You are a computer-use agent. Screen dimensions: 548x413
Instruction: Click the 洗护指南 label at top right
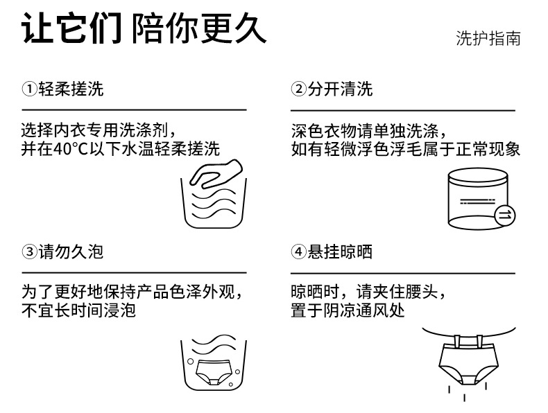488,38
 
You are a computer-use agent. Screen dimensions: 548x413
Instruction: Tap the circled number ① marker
28,89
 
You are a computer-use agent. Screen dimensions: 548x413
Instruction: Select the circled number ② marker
298,89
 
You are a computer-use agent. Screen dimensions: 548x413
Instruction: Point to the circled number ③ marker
28,252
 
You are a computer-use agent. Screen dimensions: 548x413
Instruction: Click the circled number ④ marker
298,252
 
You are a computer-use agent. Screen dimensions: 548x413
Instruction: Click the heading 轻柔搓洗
69,89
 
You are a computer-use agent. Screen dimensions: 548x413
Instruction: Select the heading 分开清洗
339,89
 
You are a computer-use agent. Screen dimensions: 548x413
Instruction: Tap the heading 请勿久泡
69,252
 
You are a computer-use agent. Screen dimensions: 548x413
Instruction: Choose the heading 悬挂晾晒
339,252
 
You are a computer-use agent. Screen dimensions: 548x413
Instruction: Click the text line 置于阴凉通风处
348,310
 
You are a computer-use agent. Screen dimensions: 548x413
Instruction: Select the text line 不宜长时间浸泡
78,310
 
